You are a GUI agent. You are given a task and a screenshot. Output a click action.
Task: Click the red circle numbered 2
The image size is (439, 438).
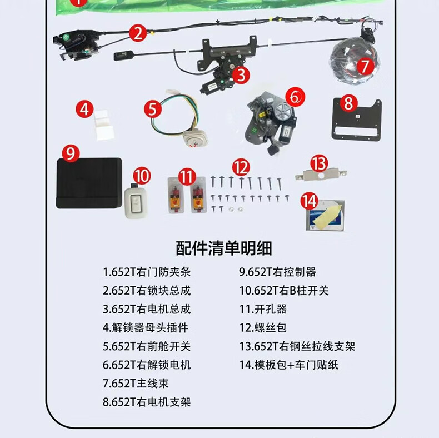[x=138, y=33]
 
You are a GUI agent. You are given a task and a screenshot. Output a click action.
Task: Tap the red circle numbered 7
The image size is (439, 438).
[x=365, y=66]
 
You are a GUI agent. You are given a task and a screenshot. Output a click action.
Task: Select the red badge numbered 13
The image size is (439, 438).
[x=319, y=163]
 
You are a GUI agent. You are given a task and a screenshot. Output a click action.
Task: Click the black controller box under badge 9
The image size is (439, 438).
[x=89, y=183]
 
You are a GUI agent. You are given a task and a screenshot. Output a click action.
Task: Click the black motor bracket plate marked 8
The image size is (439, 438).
[x=357, y=121]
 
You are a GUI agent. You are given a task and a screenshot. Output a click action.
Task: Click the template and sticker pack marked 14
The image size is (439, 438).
[x=325, y=215]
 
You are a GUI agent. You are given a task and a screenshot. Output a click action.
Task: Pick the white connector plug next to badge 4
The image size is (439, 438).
[x=104, y=125]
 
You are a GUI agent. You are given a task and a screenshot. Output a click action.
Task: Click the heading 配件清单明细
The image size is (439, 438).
[x=224, y=248]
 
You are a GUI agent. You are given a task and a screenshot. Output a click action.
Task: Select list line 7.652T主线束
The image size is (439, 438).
[x=136, y=384]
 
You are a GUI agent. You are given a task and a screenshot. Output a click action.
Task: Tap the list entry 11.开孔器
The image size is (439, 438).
[x=263, y=309]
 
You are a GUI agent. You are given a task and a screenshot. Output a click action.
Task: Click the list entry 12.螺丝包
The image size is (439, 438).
[x=263, y=327]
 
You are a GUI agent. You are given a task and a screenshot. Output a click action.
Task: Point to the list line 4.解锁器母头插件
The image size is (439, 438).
[x=146, y=327]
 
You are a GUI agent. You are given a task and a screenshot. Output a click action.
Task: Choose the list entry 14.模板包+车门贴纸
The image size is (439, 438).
[x=288, y=365]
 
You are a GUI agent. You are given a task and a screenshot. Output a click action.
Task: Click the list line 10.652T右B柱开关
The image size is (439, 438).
[x=284, y=291]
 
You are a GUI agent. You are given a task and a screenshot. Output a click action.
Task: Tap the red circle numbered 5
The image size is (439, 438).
[x=153, y=109]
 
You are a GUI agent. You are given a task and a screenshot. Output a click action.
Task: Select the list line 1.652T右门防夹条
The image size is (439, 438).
[x=147, y=272]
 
